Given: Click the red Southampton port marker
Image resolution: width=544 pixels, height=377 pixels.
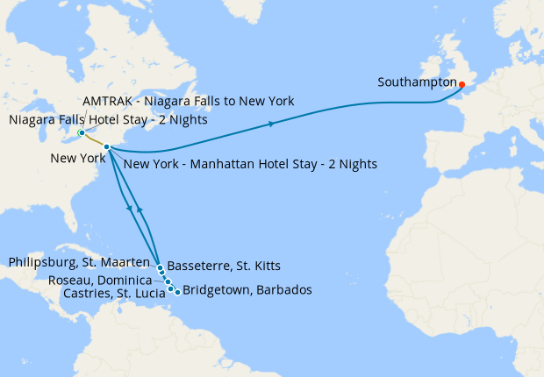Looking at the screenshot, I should click(462, 85).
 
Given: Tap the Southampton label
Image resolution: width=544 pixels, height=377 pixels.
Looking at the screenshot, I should click(417, 83).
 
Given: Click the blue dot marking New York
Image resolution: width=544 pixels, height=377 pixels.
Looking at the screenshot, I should click(106, 146).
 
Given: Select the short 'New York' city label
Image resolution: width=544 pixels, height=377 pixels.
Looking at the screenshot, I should click(76, 159).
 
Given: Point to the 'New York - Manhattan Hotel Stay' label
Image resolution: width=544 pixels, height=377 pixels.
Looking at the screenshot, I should click(251, 164).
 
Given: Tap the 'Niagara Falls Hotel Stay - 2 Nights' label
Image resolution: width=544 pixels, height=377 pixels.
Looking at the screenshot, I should click(108, 120).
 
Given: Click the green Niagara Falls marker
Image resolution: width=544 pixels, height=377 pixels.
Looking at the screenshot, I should click(81, 133).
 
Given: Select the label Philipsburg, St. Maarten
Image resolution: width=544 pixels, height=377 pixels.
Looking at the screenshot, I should click(82, 262).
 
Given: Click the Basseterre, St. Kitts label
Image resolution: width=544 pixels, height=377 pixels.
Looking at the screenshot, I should click(224, 266).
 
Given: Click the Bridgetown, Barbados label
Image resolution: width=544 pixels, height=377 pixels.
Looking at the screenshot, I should click(247, 290).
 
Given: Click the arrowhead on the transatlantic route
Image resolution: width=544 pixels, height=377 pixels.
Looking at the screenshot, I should click(271, 124).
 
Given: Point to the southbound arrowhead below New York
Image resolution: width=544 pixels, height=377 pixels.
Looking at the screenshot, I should click(130, 209).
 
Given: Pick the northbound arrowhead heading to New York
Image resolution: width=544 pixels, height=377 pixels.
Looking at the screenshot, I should click(140, 212).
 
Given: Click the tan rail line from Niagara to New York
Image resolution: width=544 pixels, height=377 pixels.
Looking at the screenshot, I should click(93, 140).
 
